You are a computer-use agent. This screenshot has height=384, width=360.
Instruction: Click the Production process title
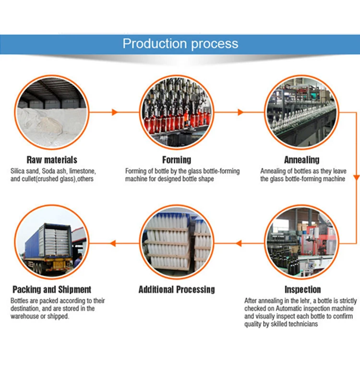coord(180,44)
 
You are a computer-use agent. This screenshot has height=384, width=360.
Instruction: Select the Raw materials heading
coord(52,160)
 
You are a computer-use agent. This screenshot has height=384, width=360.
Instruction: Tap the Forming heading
coord(177,160)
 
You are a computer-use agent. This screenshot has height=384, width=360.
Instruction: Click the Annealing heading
coord(302,160)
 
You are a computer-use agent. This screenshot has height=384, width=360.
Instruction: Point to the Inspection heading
coord(302,289)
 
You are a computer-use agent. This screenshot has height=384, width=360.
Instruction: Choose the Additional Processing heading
coord(177,289)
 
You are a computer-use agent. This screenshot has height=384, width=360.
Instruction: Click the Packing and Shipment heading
coord(52,289)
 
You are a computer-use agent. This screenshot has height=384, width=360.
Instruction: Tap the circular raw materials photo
coord(52,112)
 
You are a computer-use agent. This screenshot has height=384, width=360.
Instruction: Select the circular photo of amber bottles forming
coord(177,112)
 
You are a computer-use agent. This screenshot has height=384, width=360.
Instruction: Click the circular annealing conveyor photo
coord(302,112)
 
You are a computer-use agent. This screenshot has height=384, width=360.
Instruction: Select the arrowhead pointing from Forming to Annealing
coord(240,112)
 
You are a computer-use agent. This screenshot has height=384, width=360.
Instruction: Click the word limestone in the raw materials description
coord(84,171)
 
